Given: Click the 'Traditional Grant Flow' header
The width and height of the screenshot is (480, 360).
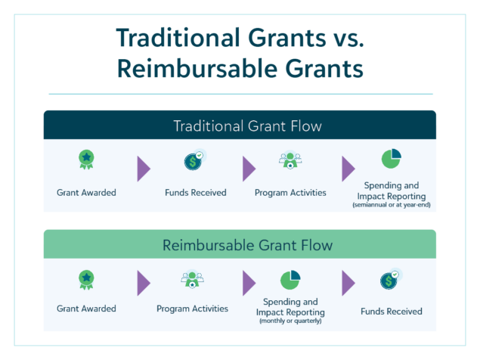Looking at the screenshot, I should (240, 125).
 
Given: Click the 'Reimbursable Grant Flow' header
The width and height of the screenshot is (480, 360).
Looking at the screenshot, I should (240, 245).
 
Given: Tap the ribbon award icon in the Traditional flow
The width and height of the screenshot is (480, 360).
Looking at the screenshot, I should (87, 160).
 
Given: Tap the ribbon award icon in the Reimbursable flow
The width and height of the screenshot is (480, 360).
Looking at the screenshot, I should (87, 281).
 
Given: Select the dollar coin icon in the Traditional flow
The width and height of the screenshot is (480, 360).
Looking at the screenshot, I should (194, 160).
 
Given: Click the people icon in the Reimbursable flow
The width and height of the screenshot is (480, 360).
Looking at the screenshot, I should (192, 281).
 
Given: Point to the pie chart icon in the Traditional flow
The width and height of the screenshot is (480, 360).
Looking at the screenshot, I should (391, 159).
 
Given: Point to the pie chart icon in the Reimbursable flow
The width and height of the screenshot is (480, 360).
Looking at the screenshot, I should (290, 279).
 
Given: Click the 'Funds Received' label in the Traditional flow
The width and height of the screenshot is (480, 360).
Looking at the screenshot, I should (195, 192).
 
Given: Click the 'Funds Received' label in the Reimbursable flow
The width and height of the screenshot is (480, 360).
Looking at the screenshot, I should (391, 311).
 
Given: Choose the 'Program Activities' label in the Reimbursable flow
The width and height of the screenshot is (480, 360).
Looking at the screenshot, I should (192, 309).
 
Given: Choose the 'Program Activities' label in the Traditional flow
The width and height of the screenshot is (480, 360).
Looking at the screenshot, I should (291, 192).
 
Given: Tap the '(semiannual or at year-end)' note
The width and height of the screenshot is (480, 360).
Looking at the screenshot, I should (391, 205).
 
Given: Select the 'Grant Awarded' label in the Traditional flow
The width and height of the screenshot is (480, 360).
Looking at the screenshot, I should (86, 192).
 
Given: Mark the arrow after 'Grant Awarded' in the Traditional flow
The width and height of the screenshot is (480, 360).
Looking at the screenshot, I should (143, 169).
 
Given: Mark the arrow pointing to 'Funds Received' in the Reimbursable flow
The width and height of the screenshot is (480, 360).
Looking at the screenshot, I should (348, 284).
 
